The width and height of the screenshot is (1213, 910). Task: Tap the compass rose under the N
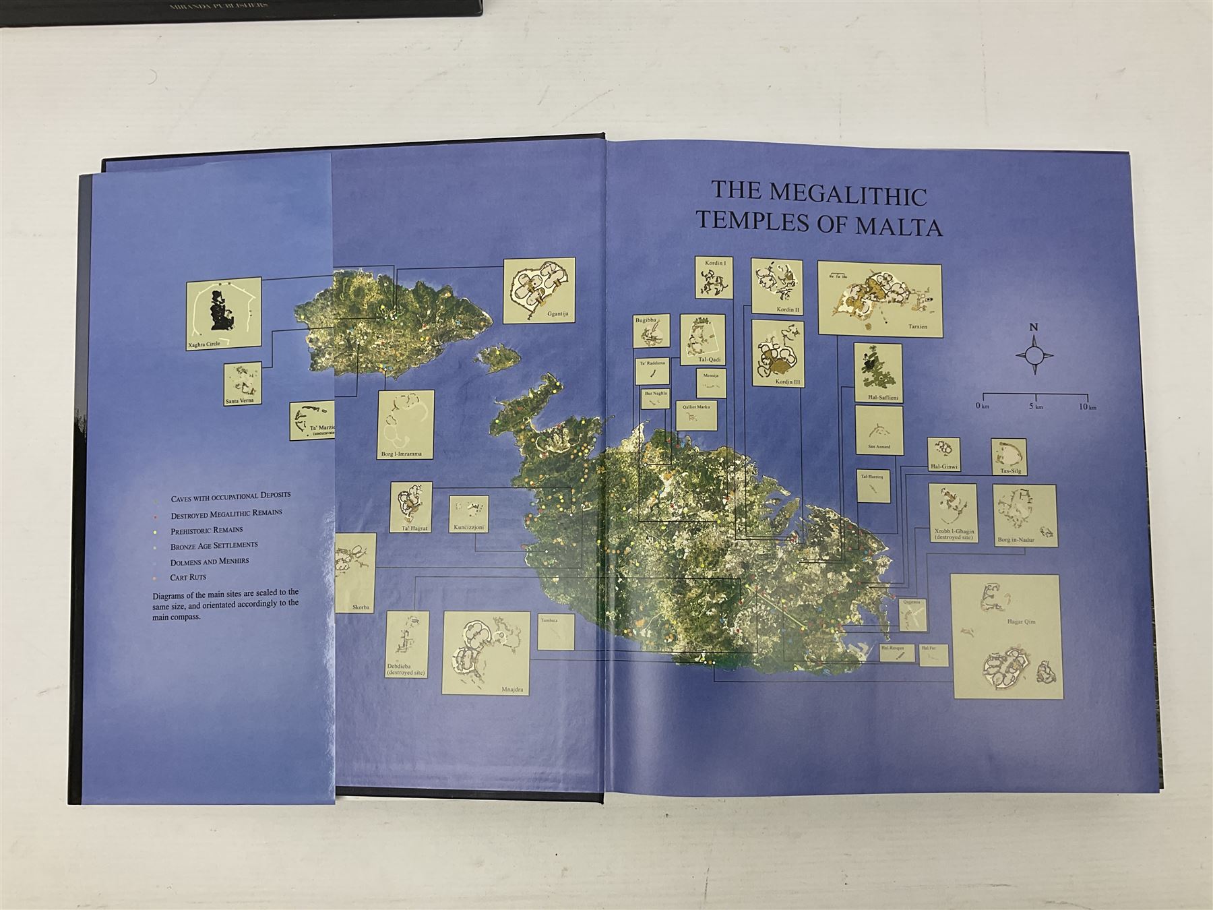pos(1034,356)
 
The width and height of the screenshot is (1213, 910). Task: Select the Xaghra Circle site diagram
pos(224,315)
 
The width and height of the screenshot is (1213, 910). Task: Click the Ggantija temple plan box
pos(540,291)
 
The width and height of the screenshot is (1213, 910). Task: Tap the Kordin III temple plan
pos(778,354)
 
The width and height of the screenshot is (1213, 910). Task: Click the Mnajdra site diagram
pos(486,653)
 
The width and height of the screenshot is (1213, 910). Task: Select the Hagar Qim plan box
pos(1008,636)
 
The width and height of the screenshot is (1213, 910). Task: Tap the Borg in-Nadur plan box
pos(1024,514)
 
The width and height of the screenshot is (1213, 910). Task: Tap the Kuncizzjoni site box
pos(470,514)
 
